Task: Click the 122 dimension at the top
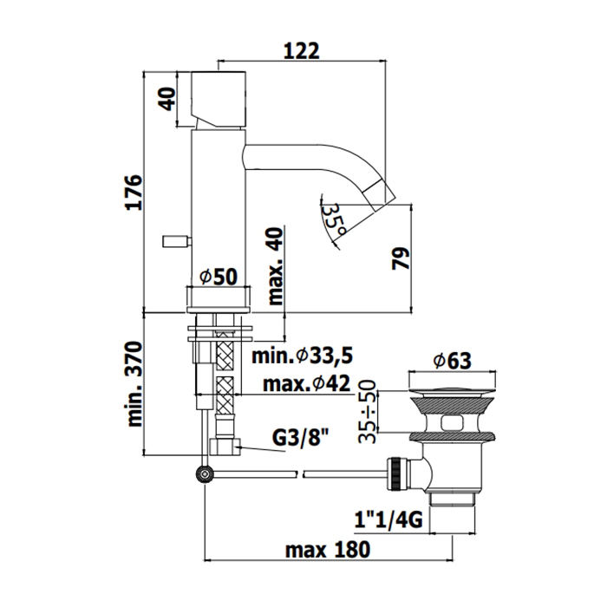302,50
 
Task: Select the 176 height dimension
134,193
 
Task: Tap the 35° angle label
334,219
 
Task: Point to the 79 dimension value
401,258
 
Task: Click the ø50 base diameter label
218,277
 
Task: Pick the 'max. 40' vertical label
276,266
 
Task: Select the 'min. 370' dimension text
134,384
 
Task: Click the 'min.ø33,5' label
303,356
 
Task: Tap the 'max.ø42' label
307,383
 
